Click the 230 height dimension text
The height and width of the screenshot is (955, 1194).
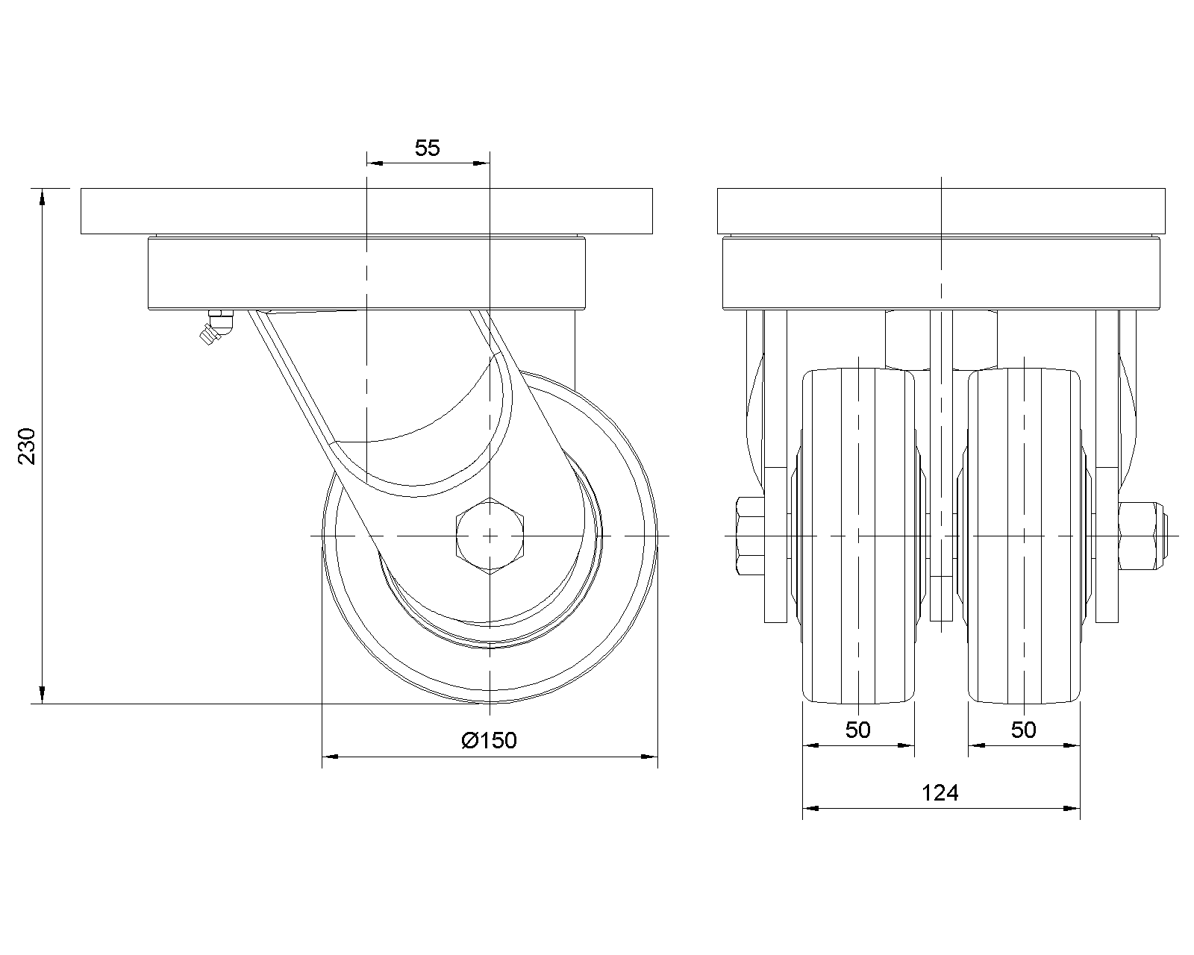(27, 445)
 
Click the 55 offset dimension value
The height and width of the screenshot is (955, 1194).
(427, 148)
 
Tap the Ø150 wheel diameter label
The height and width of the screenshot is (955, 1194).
(489, 740)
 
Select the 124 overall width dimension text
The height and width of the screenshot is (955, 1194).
(940, 793)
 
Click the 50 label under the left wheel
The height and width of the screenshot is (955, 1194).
(857, 730)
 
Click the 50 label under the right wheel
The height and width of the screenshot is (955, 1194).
(1023, 730)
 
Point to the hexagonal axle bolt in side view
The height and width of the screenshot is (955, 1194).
(490, 536)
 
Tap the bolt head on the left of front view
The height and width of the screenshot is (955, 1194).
(751, 536)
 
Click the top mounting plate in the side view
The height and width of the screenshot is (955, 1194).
(366, 211)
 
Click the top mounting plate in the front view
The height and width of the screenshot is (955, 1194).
(941, 211)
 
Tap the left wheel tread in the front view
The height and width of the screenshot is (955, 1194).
(858, 536)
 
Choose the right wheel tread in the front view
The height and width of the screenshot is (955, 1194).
(1024, 536)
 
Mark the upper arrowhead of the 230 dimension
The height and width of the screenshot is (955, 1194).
(43, 197)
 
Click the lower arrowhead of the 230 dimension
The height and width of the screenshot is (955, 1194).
(43, 695)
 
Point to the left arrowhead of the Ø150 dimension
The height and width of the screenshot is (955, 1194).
(331, 757)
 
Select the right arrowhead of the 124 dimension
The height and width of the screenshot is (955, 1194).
(1072, 809)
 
